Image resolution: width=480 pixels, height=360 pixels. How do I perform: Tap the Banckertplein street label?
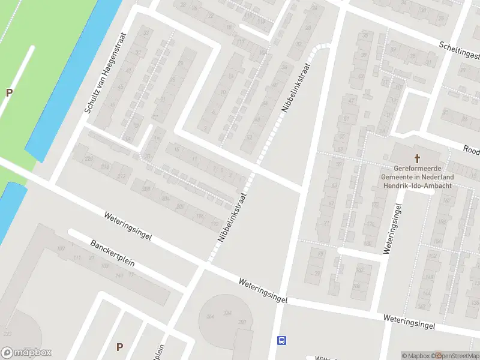[x=112, y=253]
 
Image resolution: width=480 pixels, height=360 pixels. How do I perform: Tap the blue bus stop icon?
[x=281, y=341]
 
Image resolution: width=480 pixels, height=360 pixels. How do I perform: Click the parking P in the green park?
[x=9, y=92]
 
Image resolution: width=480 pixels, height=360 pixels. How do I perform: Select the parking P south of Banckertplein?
[x=119, y=347]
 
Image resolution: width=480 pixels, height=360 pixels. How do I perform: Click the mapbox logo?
[x=26, y=352]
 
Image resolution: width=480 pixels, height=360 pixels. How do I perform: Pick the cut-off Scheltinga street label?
[x=460, y=50]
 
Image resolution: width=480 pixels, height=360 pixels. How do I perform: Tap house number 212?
[x=122, y=176]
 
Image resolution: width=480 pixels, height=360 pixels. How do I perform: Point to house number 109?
[x=60, y=248]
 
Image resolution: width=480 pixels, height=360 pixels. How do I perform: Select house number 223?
[x=7, y=334]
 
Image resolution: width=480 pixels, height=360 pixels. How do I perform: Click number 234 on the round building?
[x=227, y=313]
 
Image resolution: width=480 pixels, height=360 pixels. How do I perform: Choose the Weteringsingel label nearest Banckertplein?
[x=127, y=226]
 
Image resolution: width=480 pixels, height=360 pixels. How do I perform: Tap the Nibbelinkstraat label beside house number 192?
[x=232, y=217]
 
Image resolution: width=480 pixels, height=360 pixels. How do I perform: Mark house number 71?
[x=327, y=223]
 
